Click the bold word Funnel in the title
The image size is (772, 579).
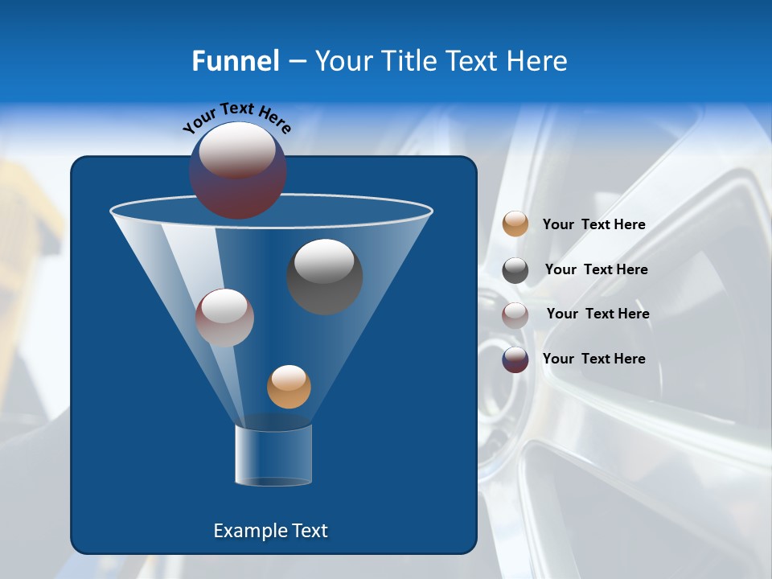235,61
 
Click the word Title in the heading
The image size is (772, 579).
406,61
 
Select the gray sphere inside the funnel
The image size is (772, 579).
325,277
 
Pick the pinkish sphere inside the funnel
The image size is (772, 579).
224,318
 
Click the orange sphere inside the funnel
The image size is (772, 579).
289,387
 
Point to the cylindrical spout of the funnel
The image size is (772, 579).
273,455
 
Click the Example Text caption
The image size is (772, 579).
270,531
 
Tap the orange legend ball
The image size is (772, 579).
515,224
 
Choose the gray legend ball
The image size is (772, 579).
515,270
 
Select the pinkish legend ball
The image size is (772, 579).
515,314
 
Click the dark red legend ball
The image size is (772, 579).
515,359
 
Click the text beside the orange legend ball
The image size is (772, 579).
593,225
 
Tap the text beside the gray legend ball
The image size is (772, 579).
596,269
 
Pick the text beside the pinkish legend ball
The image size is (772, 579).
597,314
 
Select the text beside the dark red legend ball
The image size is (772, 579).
593,359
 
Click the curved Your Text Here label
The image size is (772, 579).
236,117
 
